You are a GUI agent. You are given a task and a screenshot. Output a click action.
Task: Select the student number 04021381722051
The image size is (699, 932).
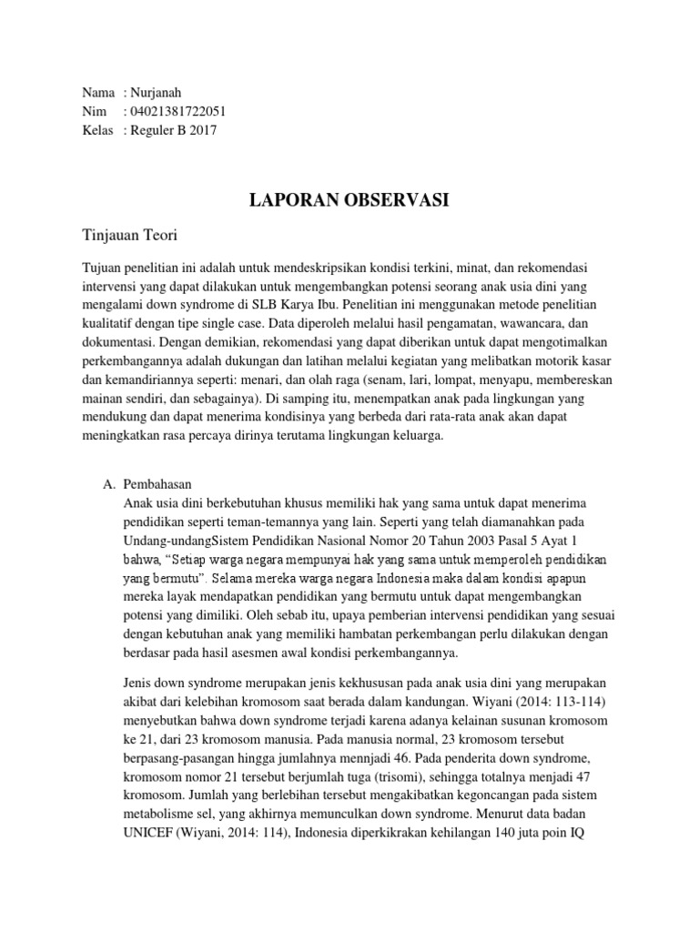(x=178, y=111)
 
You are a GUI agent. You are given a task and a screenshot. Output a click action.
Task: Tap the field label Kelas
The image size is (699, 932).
(x=98, y=129)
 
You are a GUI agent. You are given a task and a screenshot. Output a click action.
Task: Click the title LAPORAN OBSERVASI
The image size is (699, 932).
(x=349, y=201)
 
